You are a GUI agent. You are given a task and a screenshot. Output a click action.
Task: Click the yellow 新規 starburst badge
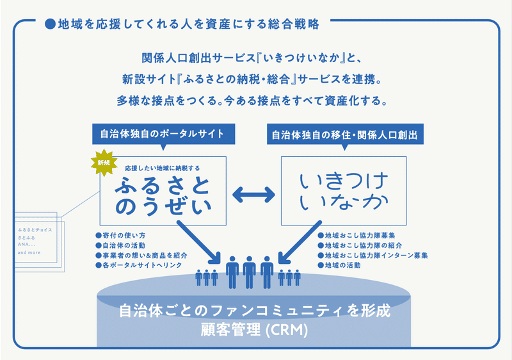104,163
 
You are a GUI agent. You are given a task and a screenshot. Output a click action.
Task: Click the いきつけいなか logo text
344,190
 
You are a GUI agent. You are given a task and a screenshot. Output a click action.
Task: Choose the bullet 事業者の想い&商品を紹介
141,255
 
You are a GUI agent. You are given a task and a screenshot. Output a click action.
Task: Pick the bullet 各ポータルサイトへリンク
141,265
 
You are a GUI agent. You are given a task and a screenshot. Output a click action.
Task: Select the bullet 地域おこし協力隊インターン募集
372,255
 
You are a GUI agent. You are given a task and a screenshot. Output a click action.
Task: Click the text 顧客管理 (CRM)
254,331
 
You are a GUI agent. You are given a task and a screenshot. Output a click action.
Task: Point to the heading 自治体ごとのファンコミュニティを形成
254,313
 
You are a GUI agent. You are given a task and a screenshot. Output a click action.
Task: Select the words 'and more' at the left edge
30,253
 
